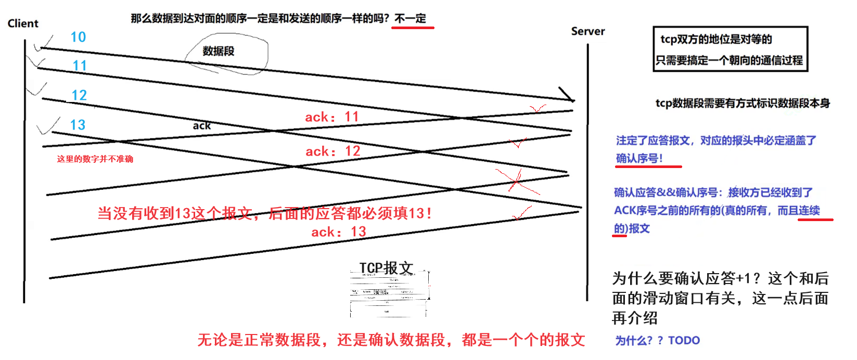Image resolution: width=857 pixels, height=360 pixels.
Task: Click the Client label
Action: pyautogui.click(x=23, y=23)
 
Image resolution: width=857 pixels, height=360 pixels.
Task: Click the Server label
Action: pyautogui.click(x=588, y=31)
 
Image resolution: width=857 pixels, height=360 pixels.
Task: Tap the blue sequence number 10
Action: pyautogui.click(x=78, y=37)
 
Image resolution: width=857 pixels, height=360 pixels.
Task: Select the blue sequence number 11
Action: pyautogui.click(x=80, y=66)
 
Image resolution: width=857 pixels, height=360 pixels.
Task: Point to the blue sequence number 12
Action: pyautogui.click(x=79, y=95)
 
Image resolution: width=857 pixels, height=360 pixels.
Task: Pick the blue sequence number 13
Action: pyautogui.click(x=78, y=125)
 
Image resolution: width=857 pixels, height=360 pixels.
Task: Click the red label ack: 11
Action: pyautogui.click(x=332, y=117)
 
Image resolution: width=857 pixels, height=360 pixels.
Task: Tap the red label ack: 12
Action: pyautogui.click(x=333, y=151)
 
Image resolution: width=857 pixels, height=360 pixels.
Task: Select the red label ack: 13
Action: pyautogui.click(x=339, y=232)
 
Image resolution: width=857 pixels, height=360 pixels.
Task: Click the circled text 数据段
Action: pyautogui.click(x=219, y=51)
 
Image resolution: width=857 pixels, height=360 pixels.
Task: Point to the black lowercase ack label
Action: pyautogui.click(x=202, y=125)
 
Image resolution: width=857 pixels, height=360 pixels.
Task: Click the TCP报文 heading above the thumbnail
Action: pyautogui.click(x=386, y=268)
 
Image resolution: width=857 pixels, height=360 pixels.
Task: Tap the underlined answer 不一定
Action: pyautogui.click(x=411, y=19)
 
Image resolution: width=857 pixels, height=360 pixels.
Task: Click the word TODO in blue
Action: pyautogui.click(x=684, y=340)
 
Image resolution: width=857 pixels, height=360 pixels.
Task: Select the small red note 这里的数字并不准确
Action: pyautogui.click(x=95, y=159)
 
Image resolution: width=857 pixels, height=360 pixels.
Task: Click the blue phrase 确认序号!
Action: pyautogui.click(x=639, y=158)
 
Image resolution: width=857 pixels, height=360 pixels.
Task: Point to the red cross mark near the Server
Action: pyautogui.click(x=516, y=181)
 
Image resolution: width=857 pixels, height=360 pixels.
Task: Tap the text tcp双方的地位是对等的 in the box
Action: pyautogui.click(x=716, y=40)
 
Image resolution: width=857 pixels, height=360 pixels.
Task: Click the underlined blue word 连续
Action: pyautogui.click(x=809, y=210)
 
